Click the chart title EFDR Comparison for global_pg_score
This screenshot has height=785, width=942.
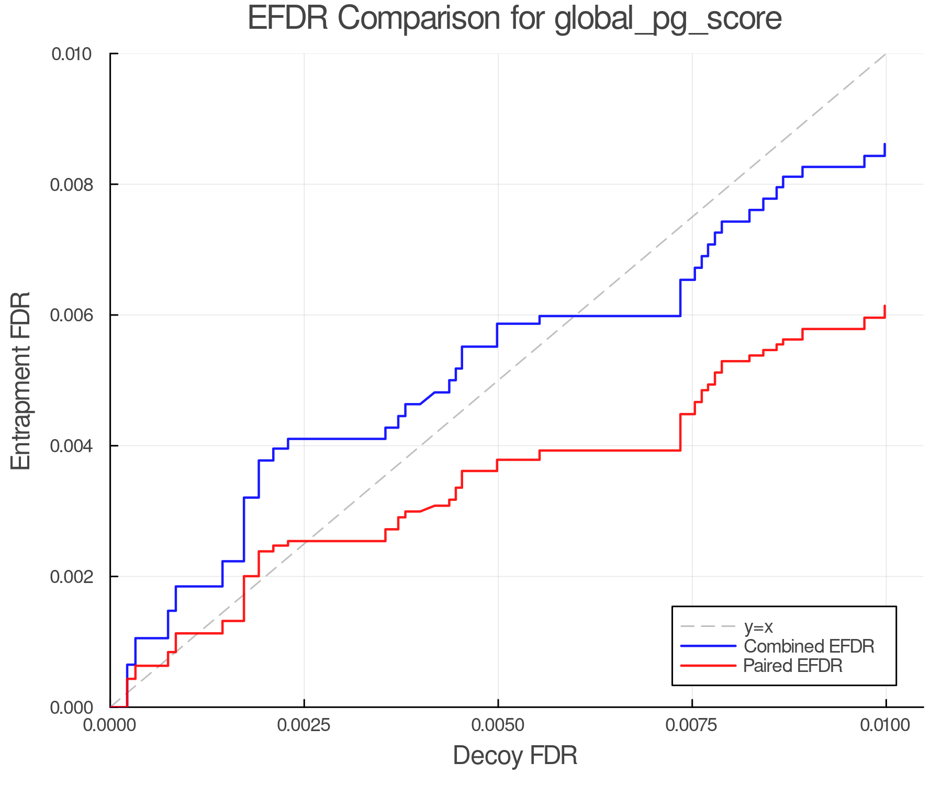pos(514,19)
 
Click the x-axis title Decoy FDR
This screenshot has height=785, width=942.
pos(514,756)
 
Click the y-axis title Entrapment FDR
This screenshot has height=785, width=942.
pos(21,380)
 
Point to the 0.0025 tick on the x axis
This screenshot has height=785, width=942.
pos(304,725)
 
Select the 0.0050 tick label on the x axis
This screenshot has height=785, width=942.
pos(498,725)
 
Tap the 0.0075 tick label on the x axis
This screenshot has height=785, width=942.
pos(692,725)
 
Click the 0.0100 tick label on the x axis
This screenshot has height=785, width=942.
pos(885,725)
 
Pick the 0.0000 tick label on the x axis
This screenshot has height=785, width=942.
pos(110,725)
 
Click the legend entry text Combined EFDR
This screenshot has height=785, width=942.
pos(809,646)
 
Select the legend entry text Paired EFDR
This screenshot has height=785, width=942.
pos(793,666)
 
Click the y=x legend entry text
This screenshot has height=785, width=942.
pos(758,626)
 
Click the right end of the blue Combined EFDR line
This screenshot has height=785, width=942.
pos(885,144)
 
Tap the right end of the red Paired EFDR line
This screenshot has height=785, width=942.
pos(885,306)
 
